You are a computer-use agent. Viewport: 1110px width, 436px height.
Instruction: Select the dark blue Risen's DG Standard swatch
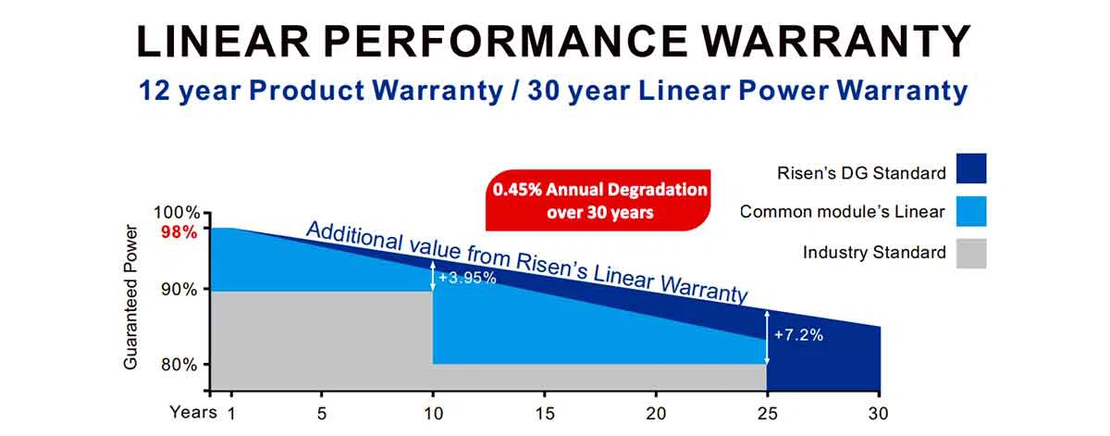tap(972, 169)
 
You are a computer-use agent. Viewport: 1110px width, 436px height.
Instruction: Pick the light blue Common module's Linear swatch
tap(972, 212)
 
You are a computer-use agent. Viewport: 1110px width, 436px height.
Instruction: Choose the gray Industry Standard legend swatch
tap(972, 253)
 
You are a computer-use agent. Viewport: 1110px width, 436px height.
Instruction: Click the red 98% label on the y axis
tap(179, 232)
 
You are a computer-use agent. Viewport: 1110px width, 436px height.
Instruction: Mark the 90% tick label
tap(179, 289)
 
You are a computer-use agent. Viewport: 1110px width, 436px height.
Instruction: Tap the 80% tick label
tap(179, 364)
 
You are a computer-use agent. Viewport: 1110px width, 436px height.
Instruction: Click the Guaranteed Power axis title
tap(130, 297)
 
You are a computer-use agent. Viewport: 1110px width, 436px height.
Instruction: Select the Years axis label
tap(192, 413)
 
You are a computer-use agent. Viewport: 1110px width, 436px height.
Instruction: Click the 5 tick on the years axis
tap(322, 413)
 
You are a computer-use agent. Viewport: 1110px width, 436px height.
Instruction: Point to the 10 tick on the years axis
tap(433, 413)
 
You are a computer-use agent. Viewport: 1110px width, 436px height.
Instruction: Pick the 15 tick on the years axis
tap(544, 413)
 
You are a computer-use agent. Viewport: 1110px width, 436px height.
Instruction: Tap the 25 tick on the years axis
tap(766, 413)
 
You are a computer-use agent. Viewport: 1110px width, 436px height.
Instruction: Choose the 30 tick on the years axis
tap(879, 413)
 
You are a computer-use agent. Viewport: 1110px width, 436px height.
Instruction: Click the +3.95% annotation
tap(467, 277)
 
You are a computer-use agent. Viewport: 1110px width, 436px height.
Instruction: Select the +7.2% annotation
tap(798, 334)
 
